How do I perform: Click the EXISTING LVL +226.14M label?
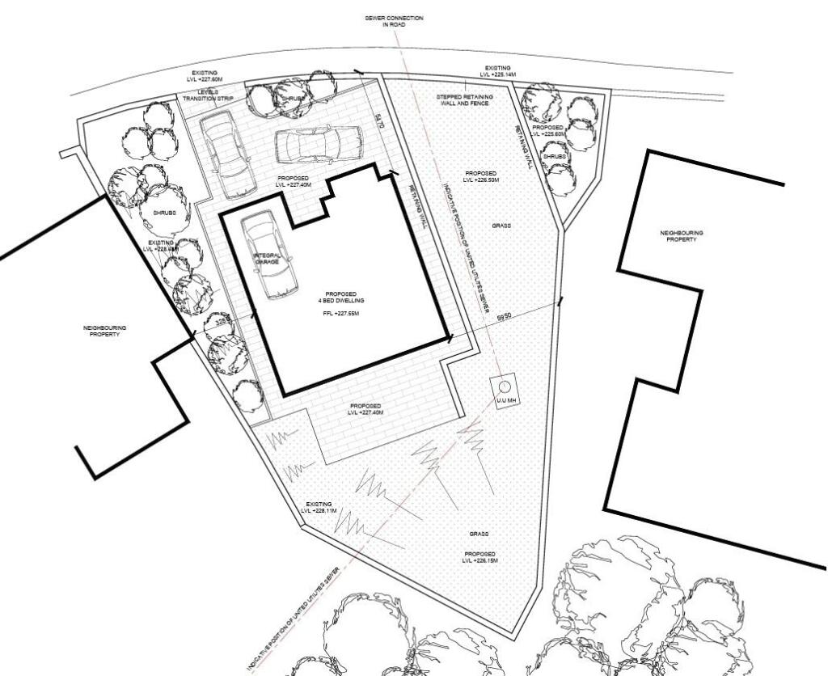coord(496,71)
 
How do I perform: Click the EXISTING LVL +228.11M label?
coord(319,507)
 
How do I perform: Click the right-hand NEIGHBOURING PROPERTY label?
coord(681,235)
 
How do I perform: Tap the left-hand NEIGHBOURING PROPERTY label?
coord(105,331)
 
